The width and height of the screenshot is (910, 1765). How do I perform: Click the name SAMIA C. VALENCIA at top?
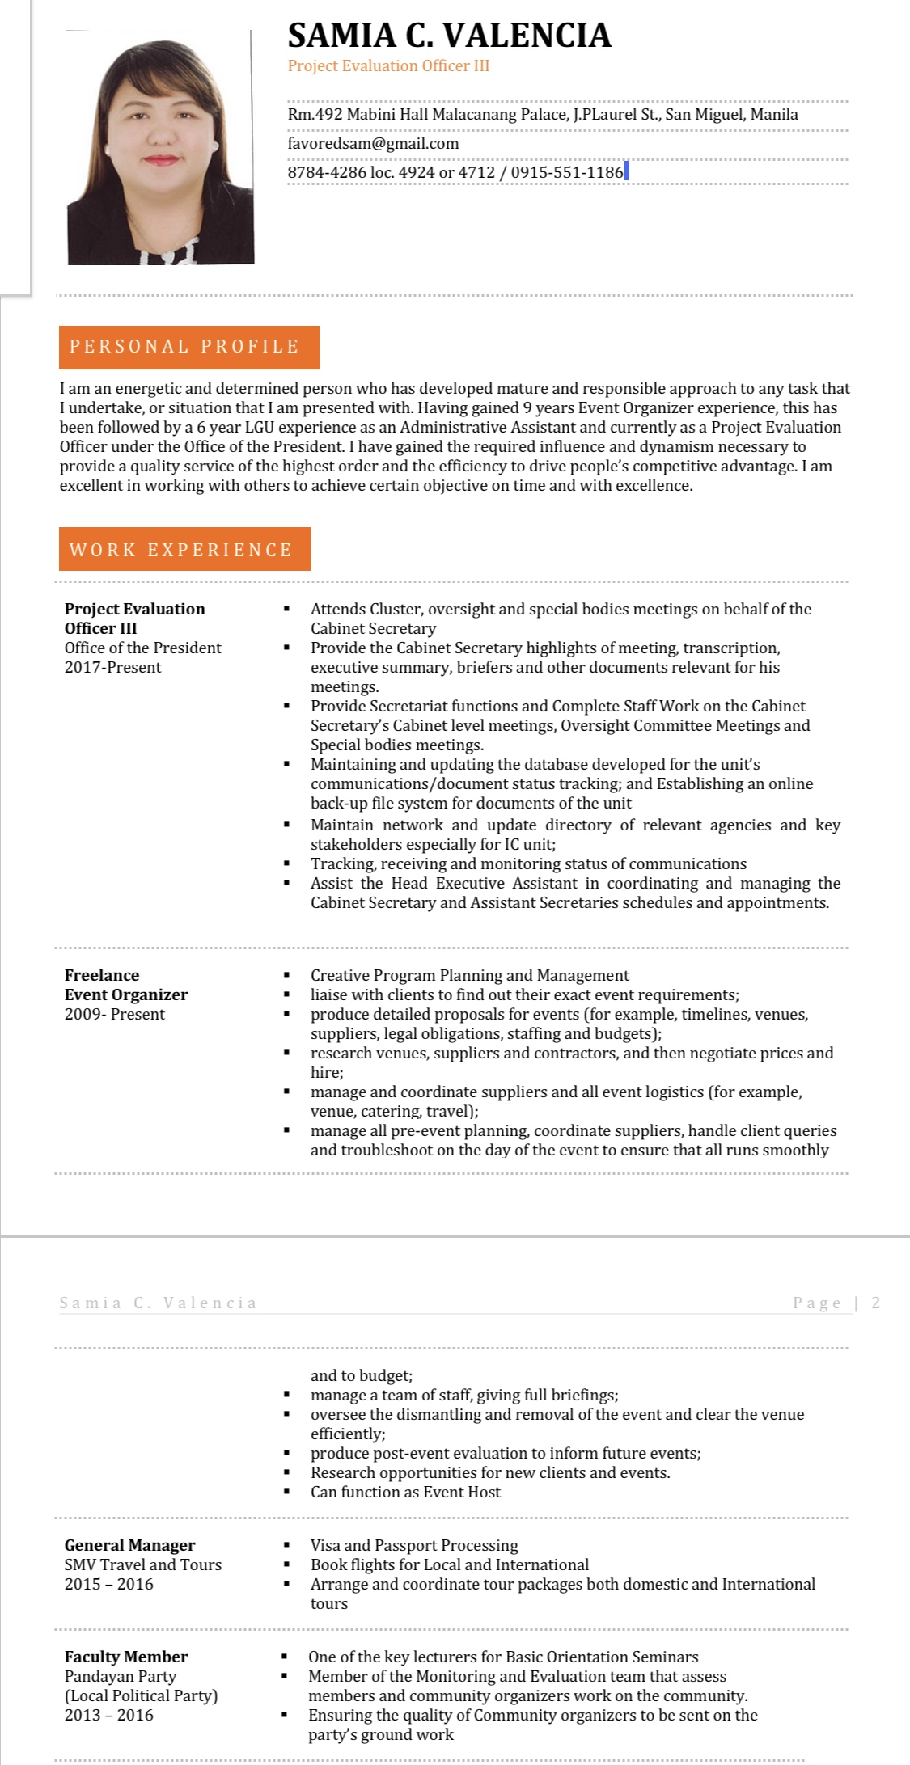tap(449, 36)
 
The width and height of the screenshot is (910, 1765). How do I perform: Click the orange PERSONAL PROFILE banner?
tap(189, 347)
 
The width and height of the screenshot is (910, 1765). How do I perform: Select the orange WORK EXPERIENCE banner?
tap(184, 550)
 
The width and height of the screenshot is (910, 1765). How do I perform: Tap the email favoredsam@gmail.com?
tap(373, 143)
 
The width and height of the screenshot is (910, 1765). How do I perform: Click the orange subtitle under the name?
tap(388, 66)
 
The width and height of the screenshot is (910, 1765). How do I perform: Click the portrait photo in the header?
tap(160, 147)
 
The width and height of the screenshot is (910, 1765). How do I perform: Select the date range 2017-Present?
tap(113, 667)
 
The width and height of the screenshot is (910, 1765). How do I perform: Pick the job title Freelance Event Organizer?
tap(125, 985)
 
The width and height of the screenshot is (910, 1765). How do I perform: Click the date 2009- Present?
tap(115, 1014)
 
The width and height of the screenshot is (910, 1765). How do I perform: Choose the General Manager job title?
tap(129, 1545)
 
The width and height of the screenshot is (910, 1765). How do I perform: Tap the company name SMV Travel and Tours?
tap(143, 1564)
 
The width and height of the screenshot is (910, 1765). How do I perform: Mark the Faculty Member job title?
tap(126, 1657)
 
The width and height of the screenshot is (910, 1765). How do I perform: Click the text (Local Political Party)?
tap(142, 1695)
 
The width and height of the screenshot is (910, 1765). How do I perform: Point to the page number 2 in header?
tap(875, 1303)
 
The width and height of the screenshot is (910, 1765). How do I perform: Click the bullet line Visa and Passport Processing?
tap(414, 1545)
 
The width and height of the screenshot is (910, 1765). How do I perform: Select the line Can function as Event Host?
tap(405, 1492)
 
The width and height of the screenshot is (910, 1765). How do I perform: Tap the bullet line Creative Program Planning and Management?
tap(469, 975)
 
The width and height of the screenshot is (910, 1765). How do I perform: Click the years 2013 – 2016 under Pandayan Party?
tap(109, 1715)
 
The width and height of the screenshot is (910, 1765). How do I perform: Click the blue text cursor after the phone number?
tap(627, 171)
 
